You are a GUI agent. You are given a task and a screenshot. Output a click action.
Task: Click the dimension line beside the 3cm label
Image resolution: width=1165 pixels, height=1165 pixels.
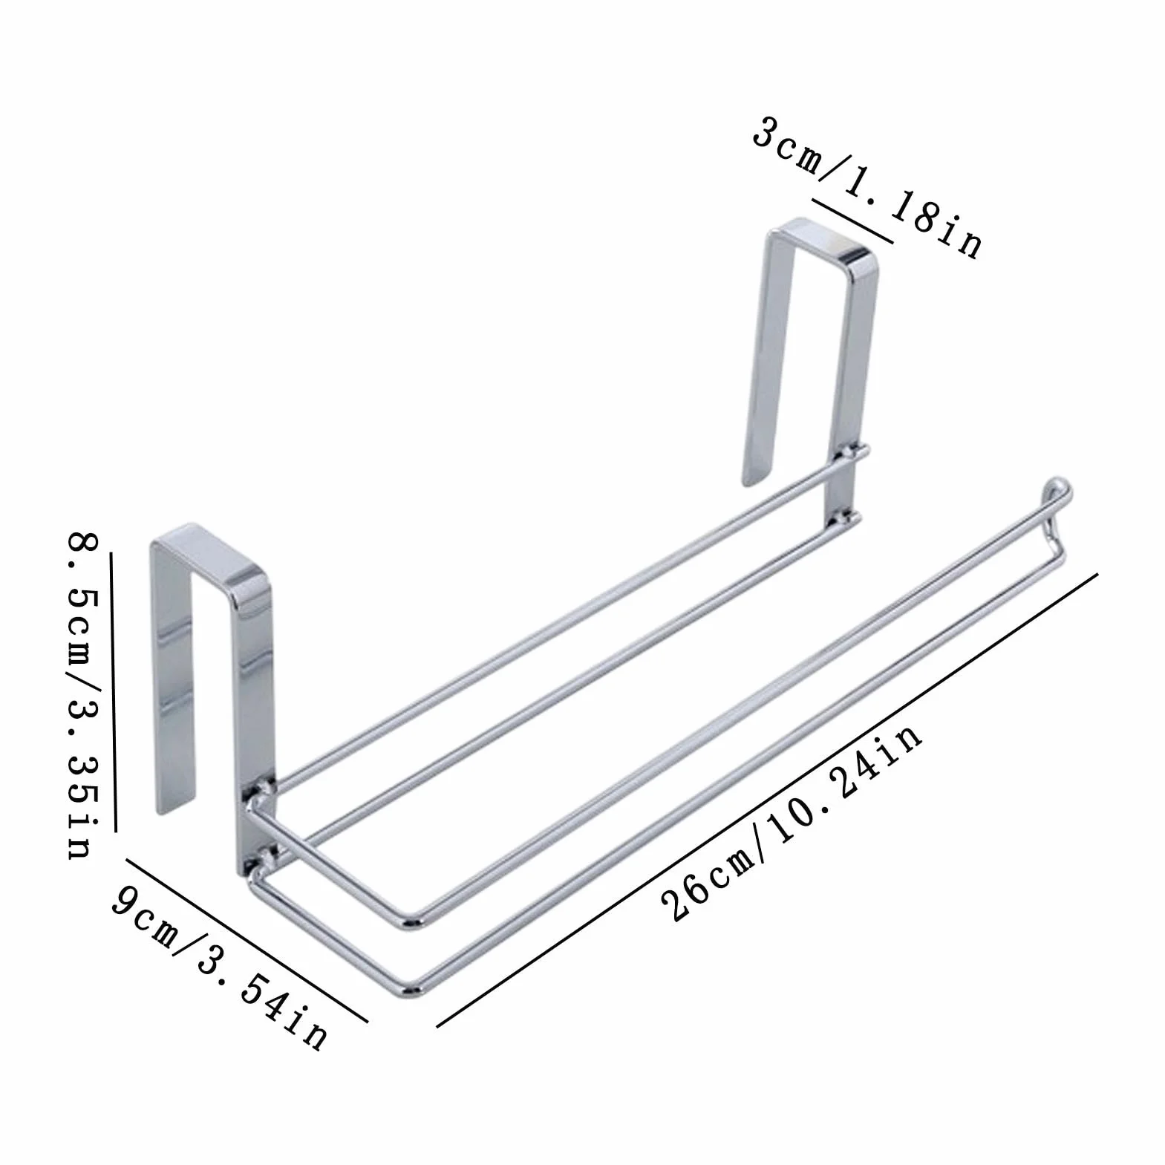pyautogui.click(x=852, y=221)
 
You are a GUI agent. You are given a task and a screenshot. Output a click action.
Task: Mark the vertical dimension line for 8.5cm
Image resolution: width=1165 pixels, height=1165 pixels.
pyautogui.click(x=114, y=692)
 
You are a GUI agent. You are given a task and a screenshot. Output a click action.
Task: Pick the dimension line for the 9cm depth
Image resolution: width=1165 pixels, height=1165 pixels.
pyautogui.click(x=247, y=940)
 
